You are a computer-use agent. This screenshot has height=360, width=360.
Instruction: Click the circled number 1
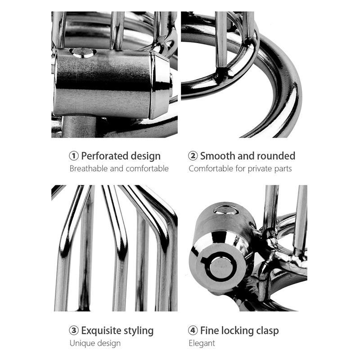point(74,156)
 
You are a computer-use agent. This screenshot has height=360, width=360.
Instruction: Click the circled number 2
point(193,156)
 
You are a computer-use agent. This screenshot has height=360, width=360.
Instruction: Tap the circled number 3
point(74,331)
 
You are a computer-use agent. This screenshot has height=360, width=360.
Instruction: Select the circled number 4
point(193,331)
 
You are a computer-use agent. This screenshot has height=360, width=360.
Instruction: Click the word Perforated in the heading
point(105,156)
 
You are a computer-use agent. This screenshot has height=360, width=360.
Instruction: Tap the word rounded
point(277,156)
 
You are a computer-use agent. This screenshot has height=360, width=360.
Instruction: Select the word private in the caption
point(255,169)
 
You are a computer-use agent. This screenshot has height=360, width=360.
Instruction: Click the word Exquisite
point(103,331)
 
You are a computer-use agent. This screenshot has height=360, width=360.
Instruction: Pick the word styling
point(140,331)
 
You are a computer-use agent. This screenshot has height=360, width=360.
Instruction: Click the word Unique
point(82,343)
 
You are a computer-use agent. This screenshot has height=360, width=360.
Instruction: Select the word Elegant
point(202,343)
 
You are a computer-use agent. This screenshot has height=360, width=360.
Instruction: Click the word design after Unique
point(109,343)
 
